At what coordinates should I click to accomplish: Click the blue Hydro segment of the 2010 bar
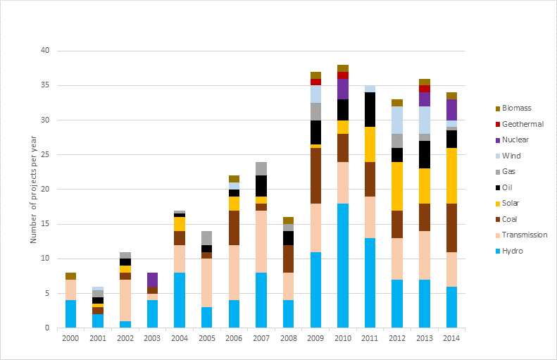click(343, 266)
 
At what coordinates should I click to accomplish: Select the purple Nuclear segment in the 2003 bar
click(152, 280)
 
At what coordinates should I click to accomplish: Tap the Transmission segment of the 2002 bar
click(125, 300)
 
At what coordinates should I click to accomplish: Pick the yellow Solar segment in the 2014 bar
click(451, 175)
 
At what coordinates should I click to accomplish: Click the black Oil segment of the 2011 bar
click(370, 109)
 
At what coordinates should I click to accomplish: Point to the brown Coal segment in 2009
click(315, 175)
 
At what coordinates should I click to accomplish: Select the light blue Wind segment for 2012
click(397, 120)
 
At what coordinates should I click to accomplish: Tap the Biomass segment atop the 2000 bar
click(70, 276)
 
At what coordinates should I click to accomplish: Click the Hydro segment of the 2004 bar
click(180, 300)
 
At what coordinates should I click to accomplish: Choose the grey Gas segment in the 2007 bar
click(261, 168)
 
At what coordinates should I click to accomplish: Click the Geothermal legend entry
click(518, 124)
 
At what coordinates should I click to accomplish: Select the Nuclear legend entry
click(513, 139)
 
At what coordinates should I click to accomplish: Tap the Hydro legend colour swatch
click(499, 251)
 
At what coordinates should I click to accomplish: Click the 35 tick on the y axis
click(46, 85)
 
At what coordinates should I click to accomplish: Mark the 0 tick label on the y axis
click(48, 328)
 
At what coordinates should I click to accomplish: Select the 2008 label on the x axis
click(288, 340)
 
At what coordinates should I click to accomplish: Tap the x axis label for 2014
click(451, 340)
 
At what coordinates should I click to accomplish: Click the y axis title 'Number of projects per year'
click(33, 190)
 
